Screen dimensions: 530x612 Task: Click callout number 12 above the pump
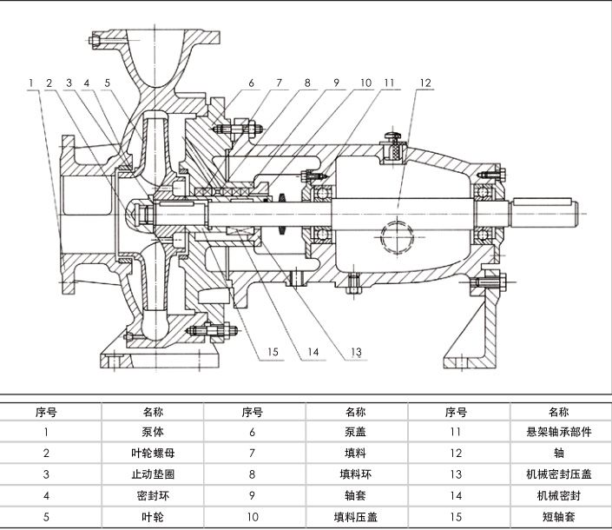(425, 83)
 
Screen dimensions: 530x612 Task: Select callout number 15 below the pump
(273, 352)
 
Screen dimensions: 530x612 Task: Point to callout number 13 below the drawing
(356, 352)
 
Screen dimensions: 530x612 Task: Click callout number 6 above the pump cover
(250, 83)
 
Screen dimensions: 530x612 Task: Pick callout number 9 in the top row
(336, 83)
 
